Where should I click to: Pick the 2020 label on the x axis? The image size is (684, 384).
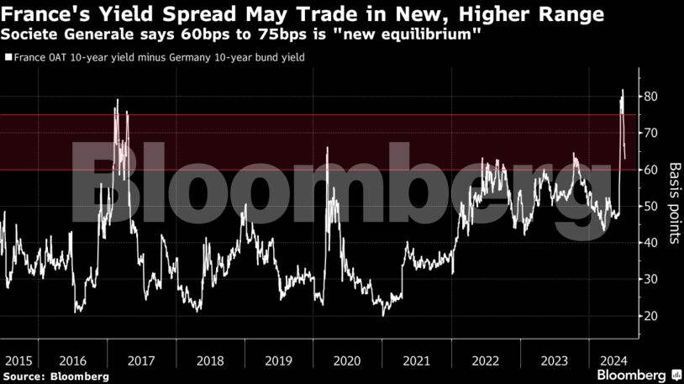pyautogui.click(x=346, y=360)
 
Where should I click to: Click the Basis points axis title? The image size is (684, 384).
pyautogui.click(x=673, y=203)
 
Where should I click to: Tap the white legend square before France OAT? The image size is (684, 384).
pyautogui.click(x=8, y=58)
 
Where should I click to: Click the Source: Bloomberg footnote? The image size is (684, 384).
pyautogui.click(x=55, y=376)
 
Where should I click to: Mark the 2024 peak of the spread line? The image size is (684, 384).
pyautogui.click(x=623, y=90)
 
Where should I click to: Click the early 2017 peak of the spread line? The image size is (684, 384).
pyautogui.click(x=117, y=100)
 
